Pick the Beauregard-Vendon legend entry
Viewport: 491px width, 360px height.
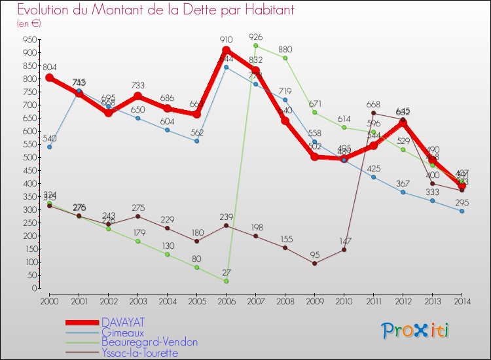pos(149,342)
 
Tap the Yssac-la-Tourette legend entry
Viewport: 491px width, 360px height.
pos(139,353)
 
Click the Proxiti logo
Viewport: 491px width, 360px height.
pos(416,331)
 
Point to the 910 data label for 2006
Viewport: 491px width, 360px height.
pos(226,40)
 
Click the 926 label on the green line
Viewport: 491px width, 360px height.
pos(256,37)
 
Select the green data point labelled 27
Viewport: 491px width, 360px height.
pos(227,281)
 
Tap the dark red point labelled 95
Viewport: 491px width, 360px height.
pos(315,263)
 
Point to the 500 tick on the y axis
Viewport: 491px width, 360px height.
pos(29,157)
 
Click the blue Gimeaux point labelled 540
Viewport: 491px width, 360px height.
pos(50,147)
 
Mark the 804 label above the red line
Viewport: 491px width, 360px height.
pos(50,67)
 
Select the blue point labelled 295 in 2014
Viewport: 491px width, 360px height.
pos(462,211)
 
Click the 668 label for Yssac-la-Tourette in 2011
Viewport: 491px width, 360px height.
pos(374,104)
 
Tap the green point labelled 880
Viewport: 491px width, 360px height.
pos(285,58)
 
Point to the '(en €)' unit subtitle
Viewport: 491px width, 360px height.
pos(29,23)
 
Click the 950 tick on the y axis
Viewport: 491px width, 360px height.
pos(29,39)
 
